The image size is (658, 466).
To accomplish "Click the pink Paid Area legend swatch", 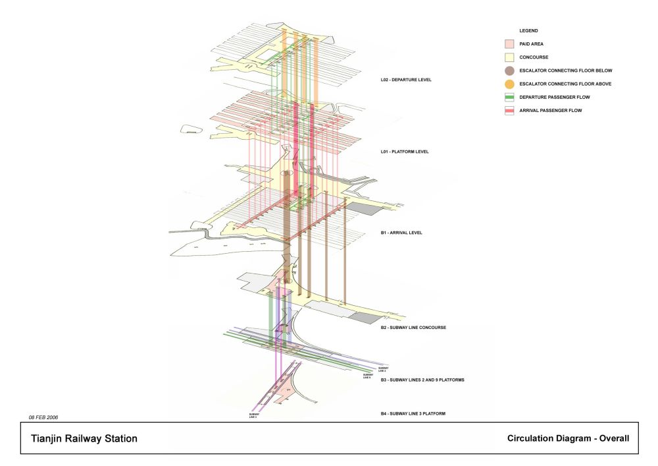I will (509, 44).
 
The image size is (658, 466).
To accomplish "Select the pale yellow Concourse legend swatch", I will (509, 57).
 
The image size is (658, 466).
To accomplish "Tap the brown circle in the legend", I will (509, 71).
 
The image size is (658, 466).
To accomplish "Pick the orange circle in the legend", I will (509, 84).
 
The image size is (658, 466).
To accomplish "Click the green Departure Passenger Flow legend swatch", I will (509, 98).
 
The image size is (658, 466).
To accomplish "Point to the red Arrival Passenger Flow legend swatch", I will (509, 111).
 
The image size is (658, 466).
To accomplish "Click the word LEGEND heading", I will (529, 31).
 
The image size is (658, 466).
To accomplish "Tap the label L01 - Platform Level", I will (405, 152).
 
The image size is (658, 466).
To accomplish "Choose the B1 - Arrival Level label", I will (401, 233).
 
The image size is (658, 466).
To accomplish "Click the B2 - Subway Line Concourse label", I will (414, 328).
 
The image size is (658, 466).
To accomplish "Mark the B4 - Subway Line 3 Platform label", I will (413, 413).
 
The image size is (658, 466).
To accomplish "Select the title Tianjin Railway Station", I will (84, 438).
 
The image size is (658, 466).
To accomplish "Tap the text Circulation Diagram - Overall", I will (569, 438).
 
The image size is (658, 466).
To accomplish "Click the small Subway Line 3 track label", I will (253, 416).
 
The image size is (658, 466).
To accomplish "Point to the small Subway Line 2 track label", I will (382, 369).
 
